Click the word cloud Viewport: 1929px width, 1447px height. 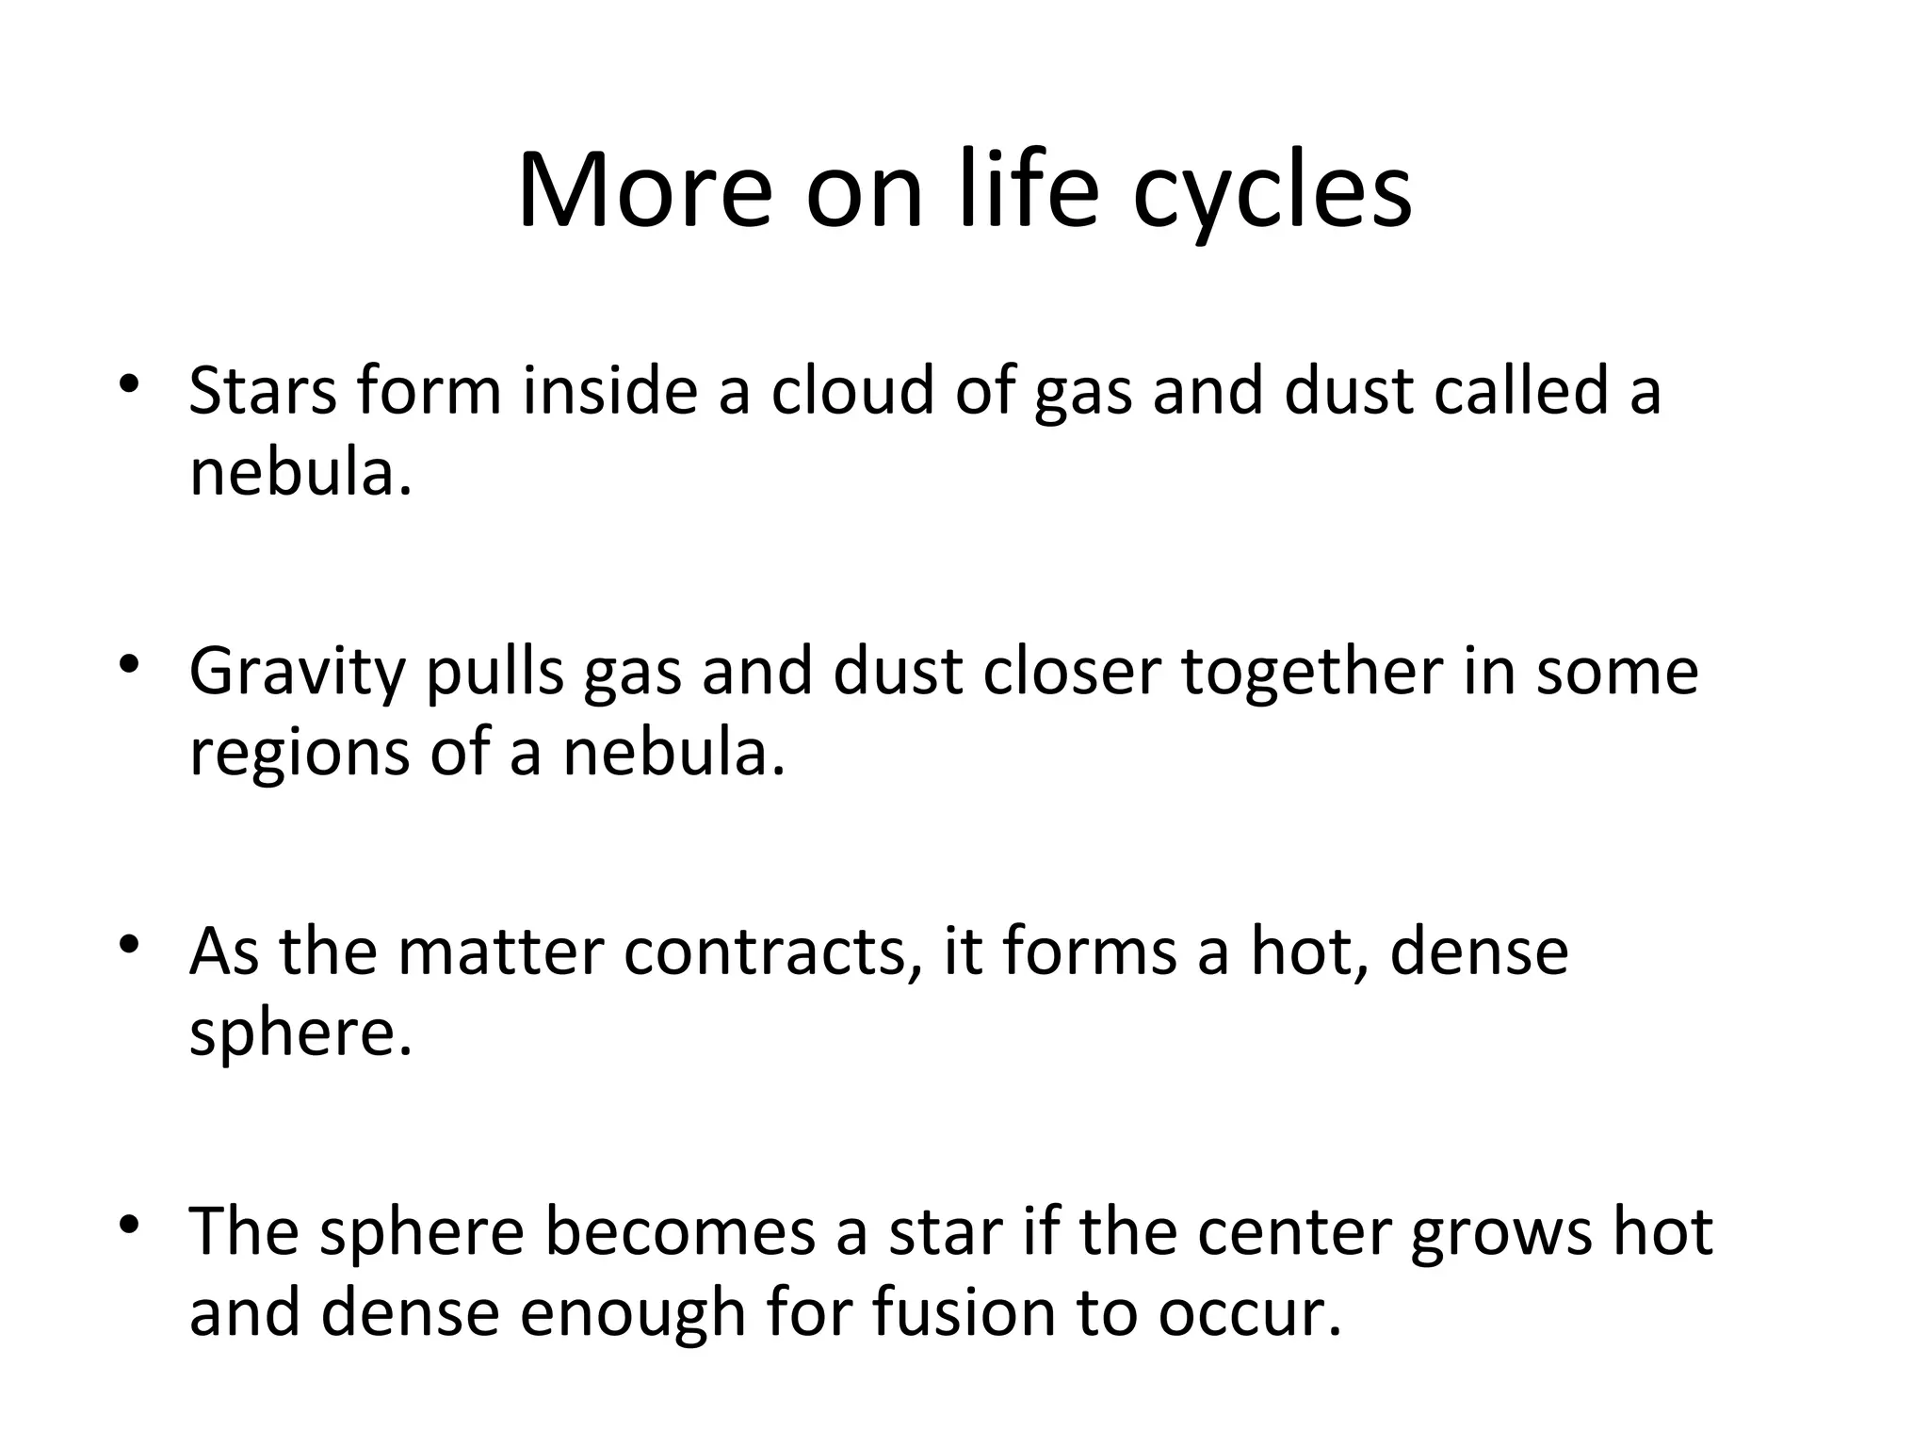point(851,390)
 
